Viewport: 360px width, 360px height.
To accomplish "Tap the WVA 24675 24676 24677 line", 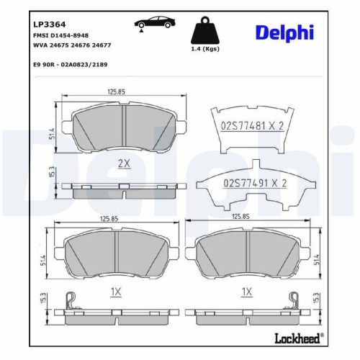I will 71,45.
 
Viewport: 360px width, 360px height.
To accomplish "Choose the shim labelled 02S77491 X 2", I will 252,183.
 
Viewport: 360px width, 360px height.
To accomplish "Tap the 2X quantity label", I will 123,164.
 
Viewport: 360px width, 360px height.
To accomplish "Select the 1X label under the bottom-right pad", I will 247,292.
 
